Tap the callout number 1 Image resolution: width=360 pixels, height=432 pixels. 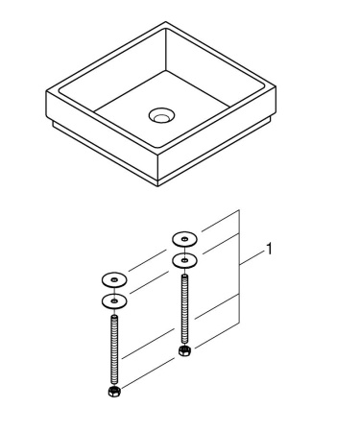click(x=271, y=251)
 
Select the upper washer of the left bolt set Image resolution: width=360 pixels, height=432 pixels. click(x=113, y=280)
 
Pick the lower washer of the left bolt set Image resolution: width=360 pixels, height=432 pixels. click(x=113, y=301)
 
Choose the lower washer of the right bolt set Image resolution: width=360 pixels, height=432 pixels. click(x=183, y=259)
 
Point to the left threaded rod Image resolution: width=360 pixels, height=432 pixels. click(x=113, y=350)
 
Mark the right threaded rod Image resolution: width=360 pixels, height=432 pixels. click(x=183, y=307)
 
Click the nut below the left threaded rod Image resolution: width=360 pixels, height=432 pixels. click(x=113, y=392)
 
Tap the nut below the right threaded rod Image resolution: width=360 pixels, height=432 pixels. click(x=184, y=348)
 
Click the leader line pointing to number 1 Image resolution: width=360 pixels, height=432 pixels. click(x=252, y=255)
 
